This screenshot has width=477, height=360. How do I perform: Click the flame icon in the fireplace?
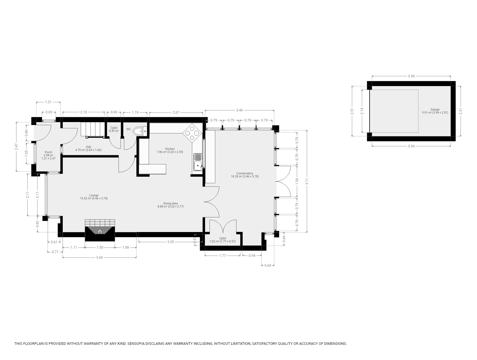click(100, 231)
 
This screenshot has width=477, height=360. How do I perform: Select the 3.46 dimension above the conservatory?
click(239, 110)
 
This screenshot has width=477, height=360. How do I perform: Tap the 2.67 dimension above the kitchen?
click(176, 112)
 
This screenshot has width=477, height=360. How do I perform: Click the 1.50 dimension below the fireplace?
click(100, 247)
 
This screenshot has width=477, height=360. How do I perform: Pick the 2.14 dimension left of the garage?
click(362, 111)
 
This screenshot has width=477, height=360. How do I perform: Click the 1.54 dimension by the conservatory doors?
click(297, 181)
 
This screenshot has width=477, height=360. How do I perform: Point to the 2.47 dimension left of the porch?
click(16, 147)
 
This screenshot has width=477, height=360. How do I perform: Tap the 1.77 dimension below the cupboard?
click(222, 255)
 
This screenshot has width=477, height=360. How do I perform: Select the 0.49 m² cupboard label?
click(114, 131)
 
